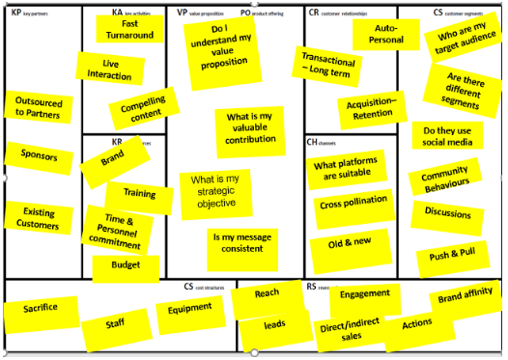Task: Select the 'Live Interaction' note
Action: pyautogui.click(x=109, y=69)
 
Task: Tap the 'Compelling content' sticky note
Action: pyautogui.click(x=142, y=109)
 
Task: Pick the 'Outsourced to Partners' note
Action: pyautogui.click(x=38, y=106)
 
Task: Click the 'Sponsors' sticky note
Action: pyautogui.click(x=39, y=156)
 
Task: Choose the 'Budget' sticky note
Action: pyautogui.click(x=126, y=264)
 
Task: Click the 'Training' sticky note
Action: pyautogui.click(x=139, y=194)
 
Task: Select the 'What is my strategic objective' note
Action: pyautogui.click(x=214, y=191)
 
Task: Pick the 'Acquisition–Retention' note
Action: pyautogui.click(x=372, y=108)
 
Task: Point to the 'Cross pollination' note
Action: pyautogui.click(x=352, y=201)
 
